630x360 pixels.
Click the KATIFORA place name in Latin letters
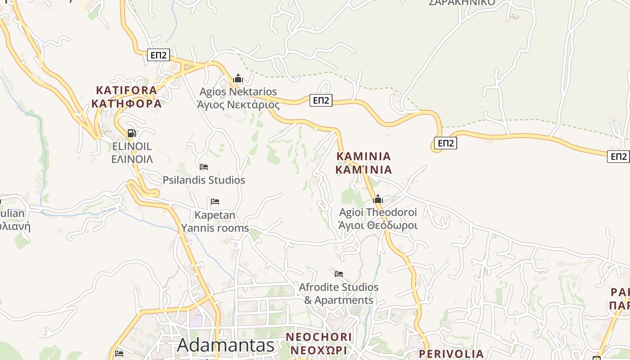[x=126, y=90]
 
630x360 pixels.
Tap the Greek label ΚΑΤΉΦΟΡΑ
[x=126, y=103]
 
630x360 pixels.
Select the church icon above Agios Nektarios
[x=238, y=79]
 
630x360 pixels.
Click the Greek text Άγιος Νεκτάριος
[x=238, y=105]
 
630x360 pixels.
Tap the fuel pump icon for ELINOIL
[x=132, y=133]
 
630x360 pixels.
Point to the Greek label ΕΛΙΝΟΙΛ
[x=132, y=159]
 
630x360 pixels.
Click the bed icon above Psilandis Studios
[x=204, y=166]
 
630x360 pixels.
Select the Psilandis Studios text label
[x=204, y=180]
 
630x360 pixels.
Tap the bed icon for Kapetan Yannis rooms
[x=215, y=201]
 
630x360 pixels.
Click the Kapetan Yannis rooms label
[x=215, y=221]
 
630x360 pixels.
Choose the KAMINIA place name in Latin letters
[x=364, y=156]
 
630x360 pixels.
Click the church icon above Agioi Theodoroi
[x=378, y=199]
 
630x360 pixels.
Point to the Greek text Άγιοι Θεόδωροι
[x=378, y=225]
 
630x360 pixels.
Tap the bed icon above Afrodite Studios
[x=339, y=274]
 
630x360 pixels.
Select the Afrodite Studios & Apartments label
[x=339, y=293]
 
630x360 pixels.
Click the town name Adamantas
[x=225, y=345]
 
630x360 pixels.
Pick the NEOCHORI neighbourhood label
[x=319, y=337]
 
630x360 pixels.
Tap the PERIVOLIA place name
[x=451, y=354]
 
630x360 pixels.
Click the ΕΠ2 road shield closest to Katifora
[x=158, y=55]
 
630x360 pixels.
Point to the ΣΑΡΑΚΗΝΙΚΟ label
[x=462, y=3]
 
